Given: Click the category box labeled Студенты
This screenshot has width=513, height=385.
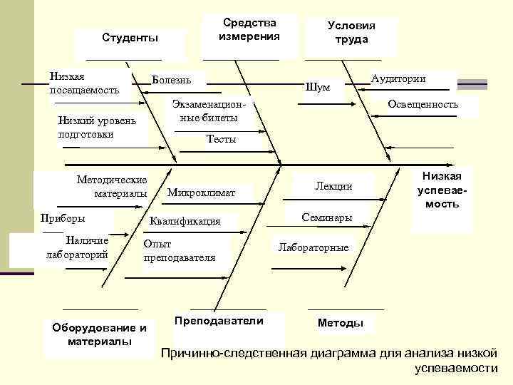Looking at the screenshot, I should tap(130, 37).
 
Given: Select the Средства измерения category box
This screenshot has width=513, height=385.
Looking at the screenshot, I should tap(249, 29).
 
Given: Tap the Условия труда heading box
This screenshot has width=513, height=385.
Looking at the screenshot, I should tap(351, 33).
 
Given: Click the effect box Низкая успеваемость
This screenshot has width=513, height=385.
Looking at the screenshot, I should tap(442, 190).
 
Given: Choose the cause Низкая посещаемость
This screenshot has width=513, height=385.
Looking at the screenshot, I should tap(84, 83).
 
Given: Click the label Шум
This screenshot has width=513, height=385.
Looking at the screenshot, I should tap(317, 88).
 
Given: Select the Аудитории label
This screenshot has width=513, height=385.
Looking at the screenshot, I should tap(398, 78).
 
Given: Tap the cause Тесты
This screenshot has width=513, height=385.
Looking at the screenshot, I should tap(221, 140).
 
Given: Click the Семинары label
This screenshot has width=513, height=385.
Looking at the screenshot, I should tap(326, 217).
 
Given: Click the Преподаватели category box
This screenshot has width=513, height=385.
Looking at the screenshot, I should tap(218, 321).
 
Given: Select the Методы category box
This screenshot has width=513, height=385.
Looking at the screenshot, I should tap(340, 323).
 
